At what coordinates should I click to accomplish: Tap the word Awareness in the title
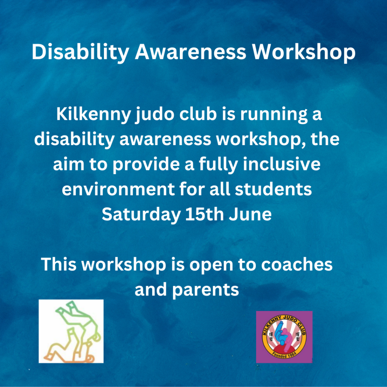[x=190, y=52]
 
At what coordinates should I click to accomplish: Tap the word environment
[x=118, y=189]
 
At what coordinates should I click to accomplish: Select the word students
[x=273, y=189]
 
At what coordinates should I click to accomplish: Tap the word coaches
[x=297, y=264]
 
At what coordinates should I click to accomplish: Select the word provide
[x=146, y=164]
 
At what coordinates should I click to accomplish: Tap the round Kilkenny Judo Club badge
[x=284, y=337]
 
